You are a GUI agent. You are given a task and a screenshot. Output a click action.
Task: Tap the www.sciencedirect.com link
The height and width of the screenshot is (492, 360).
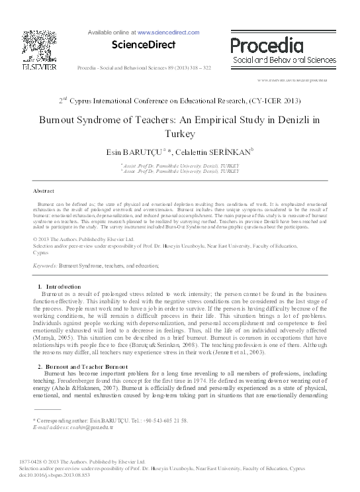[x=168, y=32]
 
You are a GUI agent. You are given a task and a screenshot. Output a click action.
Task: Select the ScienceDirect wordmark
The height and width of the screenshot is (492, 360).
[x=144, y=45]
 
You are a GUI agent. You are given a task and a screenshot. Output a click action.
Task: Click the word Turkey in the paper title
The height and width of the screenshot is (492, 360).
[x=179, y=132]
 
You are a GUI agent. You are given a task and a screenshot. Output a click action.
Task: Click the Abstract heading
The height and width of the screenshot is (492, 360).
[x=44, y=190]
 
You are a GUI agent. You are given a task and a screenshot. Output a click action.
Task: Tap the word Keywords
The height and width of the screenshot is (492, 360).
[x=44, y=265]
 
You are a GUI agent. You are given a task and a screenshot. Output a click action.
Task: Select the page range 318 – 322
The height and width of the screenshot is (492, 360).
[x=198, y=68]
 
